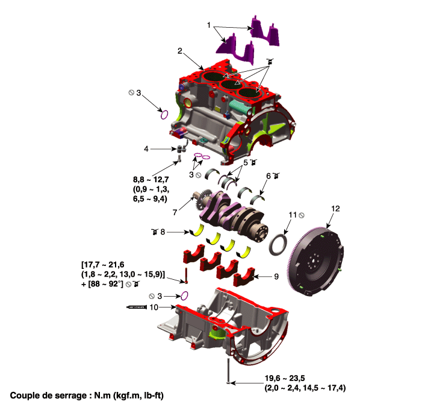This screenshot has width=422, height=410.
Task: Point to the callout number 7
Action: tap(175, 212)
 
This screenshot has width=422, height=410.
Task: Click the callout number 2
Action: tap(180, 51)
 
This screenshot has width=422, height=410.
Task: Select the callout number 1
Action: tap(209, 27)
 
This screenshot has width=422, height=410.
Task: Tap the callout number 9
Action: tap(276, 277)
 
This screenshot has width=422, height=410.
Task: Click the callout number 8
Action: tap(162, 231)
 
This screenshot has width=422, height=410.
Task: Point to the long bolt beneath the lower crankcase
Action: tap(228, 371)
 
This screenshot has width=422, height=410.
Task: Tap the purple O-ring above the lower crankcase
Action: tap(185, 295)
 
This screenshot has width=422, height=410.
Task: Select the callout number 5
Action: tap(246, 163)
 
